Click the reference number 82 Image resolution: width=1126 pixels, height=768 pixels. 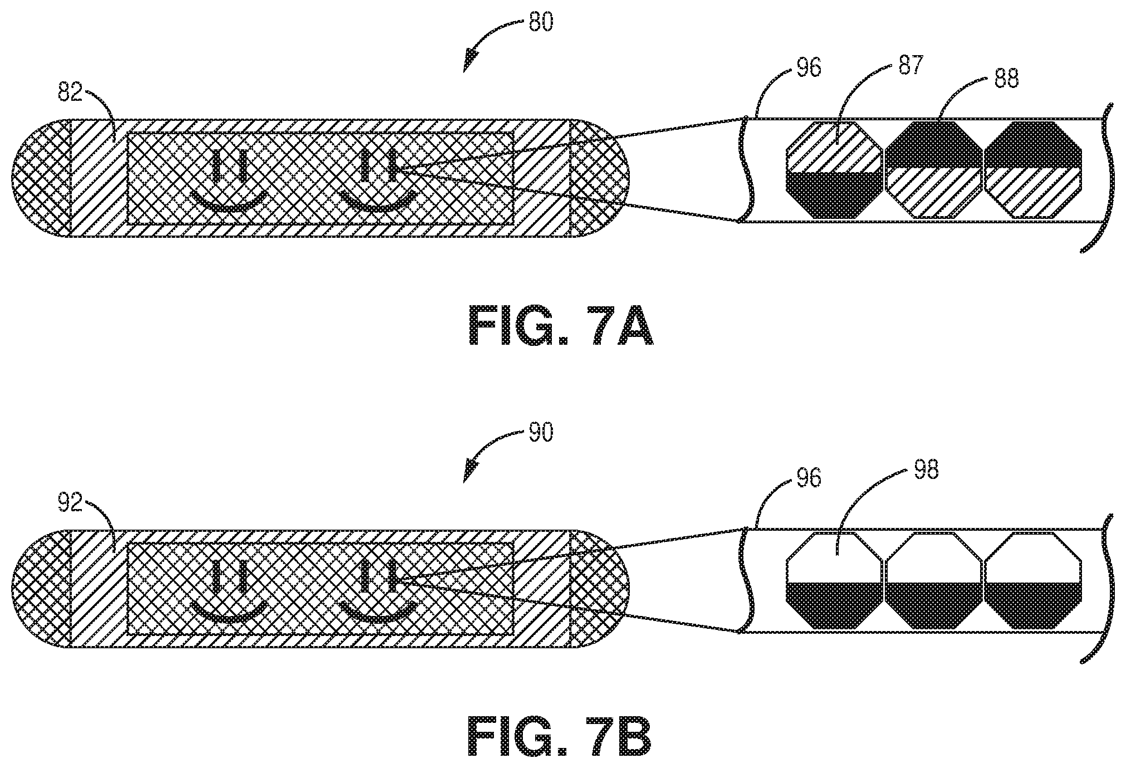[70, 92]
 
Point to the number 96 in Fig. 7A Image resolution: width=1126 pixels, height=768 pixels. [808, 67]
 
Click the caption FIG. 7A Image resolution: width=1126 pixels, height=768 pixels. [560, 328]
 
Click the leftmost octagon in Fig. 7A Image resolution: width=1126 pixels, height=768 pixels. [834, 169]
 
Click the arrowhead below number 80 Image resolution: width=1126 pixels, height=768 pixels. [471, 60]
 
